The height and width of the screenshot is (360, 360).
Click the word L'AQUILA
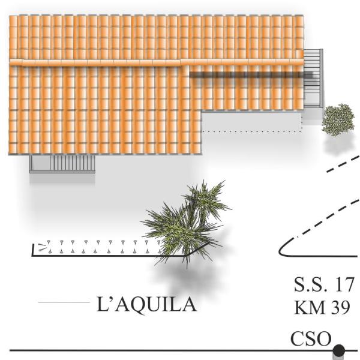coord(146,305)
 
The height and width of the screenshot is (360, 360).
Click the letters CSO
coord(310,339)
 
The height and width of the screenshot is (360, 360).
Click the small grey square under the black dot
coord(338,356)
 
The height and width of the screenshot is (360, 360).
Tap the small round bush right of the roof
coord(338,119)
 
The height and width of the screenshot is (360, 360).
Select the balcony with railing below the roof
coord(62,163)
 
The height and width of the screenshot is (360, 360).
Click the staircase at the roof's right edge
coord(313,78)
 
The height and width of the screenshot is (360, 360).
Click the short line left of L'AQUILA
coord(63,302)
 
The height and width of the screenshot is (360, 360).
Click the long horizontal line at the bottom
coord(168,350)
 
